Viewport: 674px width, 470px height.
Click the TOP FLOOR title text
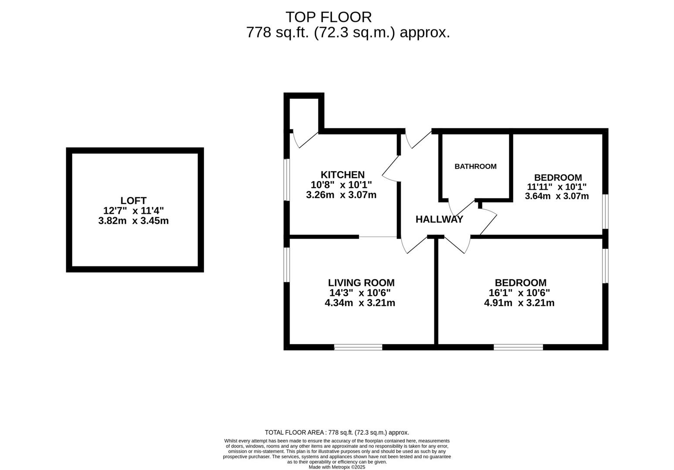click(x=329, y=17)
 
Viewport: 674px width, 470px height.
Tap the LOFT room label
click(x=133, y=201)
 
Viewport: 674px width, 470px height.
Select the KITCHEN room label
click(x=342, y=175)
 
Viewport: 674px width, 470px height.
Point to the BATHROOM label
click(x=475, y=166)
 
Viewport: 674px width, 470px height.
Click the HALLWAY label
click(x=439, y=219)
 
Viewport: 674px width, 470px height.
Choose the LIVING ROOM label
click(x=361, y=283)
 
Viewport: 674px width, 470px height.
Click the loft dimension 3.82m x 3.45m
click(x=133, y=221)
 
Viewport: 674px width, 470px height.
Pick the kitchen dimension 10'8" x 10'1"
click(x=341, y=185)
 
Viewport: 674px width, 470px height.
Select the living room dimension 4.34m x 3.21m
click(x=360, y=303)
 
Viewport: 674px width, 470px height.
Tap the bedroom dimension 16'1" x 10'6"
click(x=519, y=293)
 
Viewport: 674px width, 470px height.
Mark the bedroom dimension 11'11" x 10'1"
click(x=557, y=187)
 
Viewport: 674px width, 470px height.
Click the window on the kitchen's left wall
click(x=287, y=180)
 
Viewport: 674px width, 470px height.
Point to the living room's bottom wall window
click(x=358, y=347)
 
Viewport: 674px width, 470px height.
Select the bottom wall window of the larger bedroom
click(x=518, y=347)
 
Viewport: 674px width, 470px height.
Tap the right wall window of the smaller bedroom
click(x=605, y=211)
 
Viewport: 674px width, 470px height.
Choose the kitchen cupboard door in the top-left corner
click(x=304, y=139)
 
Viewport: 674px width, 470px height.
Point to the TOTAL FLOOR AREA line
click(x=337, y=433)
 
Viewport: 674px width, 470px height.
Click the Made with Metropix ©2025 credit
click(x=337, y=467)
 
